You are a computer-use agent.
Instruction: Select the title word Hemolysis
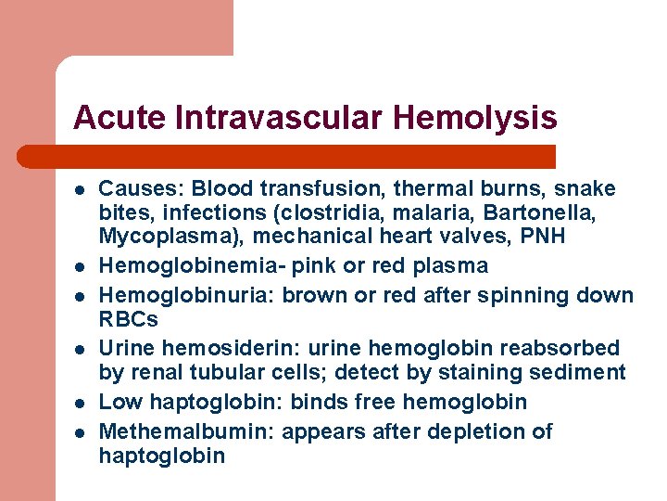(x=475, y=119)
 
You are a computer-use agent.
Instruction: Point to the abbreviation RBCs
(x=129, y=320)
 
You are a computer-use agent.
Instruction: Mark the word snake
(x=587, y=189)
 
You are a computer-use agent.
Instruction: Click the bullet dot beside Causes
(x=80, y=189)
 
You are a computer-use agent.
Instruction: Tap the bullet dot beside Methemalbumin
(x=80, y=431)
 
